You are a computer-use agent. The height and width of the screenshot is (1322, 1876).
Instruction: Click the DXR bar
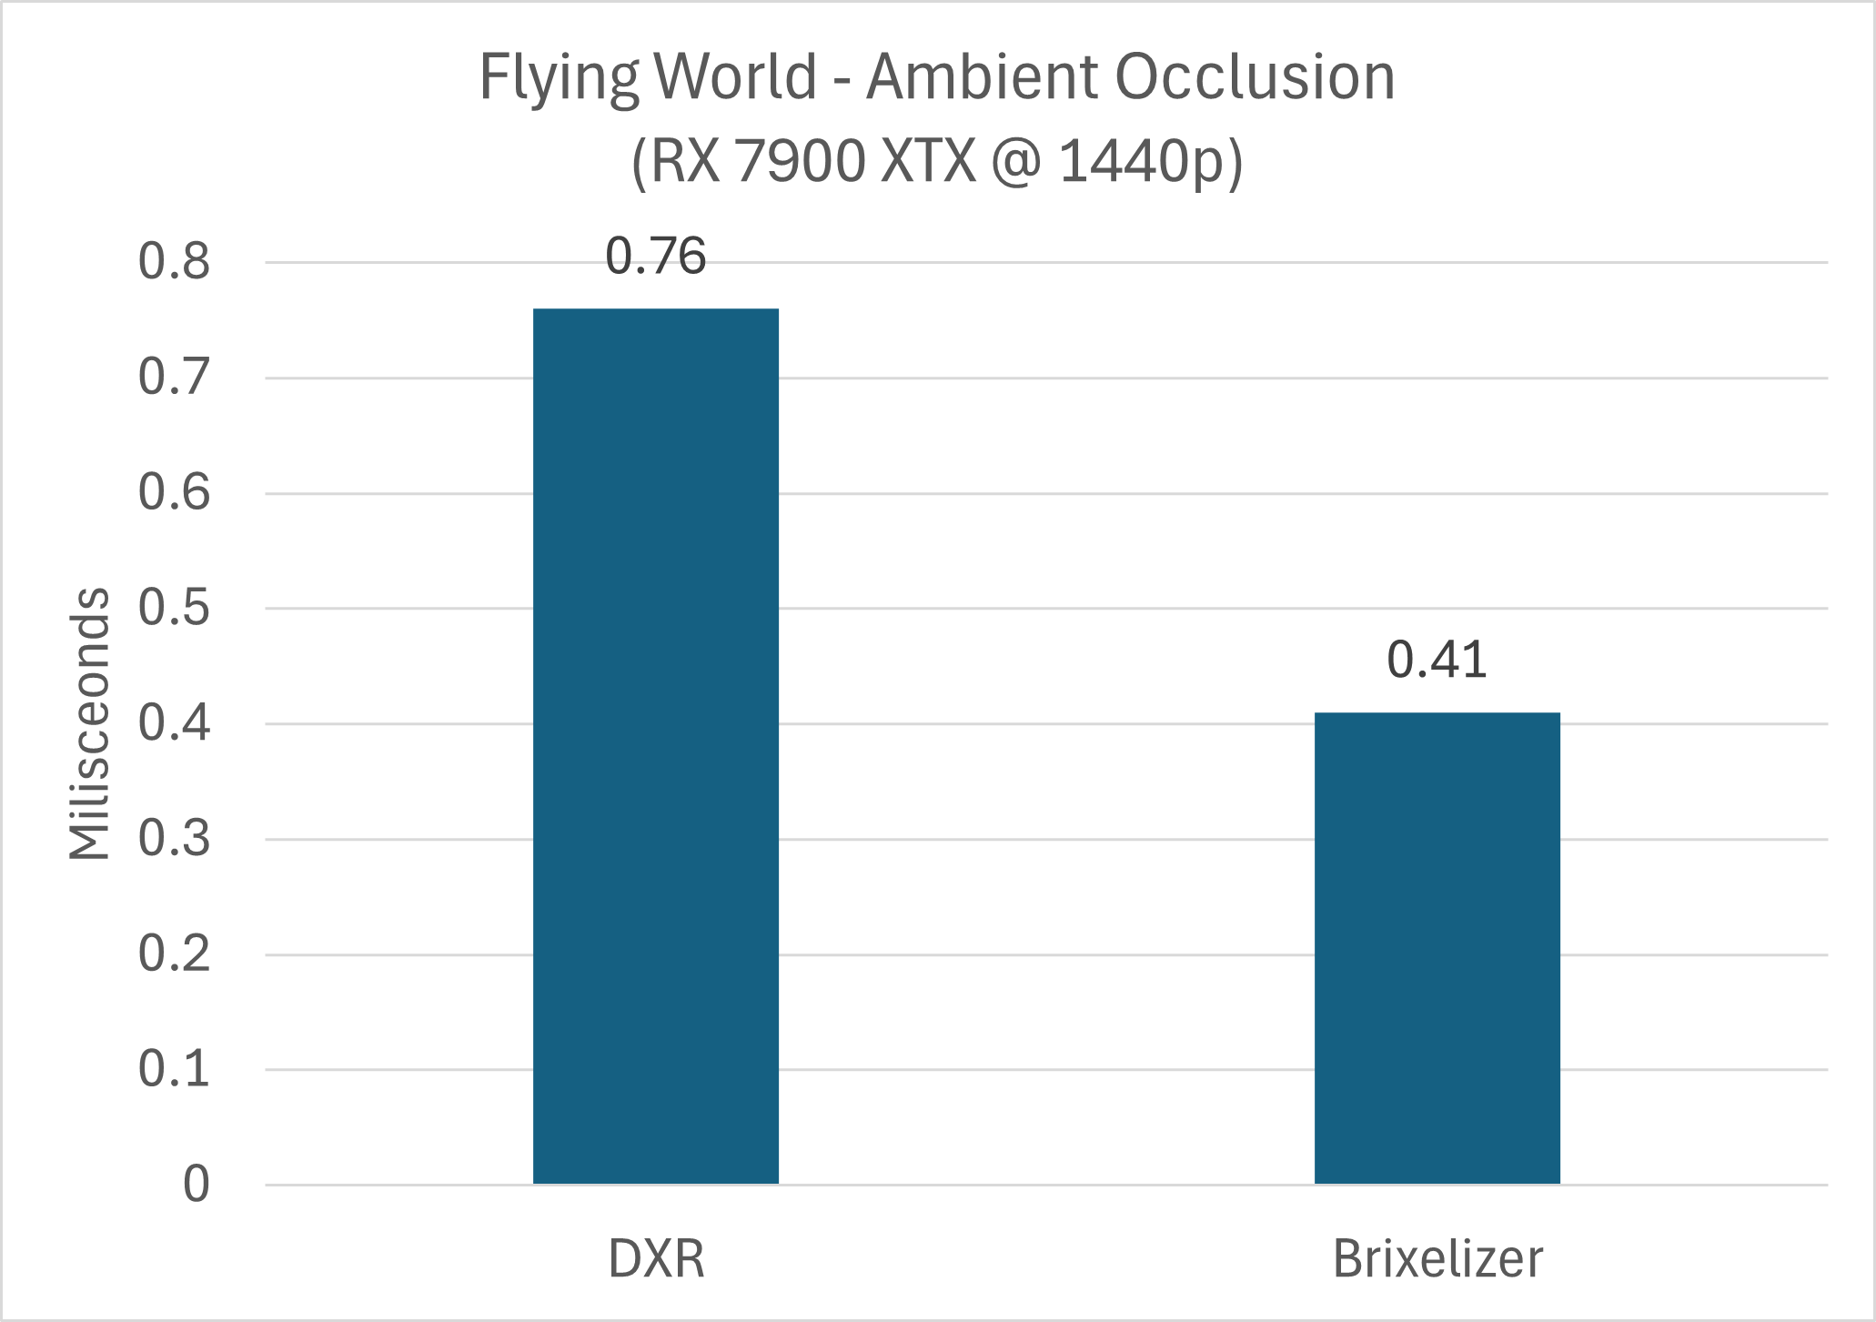point(655,746)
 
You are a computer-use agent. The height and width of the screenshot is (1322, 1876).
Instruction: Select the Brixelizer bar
point(1437,948)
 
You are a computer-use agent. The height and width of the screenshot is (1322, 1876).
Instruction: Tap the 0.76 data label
point(655,256)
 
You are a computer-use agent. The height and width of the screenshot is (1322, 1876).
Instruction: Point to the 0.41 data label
point(1437,660)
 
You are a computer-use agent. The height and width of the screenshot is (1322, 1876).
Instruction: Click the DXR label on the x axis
point(656,1259)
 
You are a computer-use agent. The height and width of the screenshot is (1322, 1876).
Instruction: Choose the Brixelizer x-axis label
point(1437,1259)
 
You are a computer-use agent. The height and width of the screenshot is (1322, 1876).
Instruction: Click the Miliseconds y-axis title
point(89,723)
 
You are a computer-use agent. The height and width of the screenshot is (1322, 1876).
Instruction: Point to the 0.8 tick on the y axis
point(174,262)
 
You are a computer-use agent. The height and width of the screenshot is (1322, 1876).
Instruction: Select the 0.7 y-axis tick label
point(174,378)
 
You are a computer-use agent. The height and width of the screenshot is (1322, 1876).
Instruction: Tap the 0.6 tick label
point(174,493)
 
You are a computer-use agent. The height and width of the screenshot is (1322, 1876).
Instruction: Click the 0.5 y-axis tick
point(174,608)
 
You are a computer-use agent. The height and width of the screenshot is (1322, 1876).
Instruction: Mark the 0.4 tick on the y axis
point(174,724)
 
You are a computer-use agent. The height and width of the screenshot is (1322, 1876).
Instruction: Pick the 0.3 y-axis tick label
point(174,839)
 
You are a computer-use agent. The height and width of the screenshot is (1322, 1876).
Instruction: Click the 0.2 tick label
point(174,954)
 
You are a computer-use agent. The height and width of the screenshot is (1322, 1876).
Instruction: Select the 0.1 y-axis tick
point(174,1069)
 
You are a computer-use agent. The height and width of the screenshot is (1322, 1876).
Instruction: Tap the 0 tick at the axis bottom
point(196,1185)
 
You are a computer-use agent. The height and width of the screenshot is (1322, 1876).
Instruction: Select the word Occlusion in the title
point(1255,76)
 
